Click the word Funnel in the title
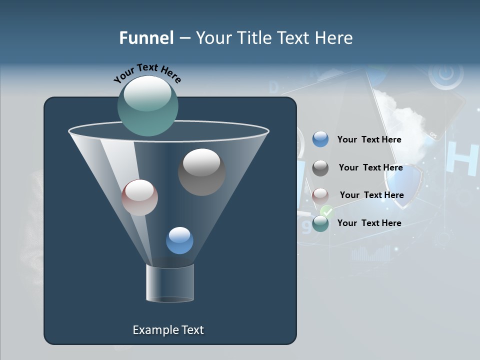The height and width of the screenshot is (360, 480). coord(146,38)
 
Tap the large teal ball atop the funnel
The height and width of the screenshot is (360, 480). coord(147,106)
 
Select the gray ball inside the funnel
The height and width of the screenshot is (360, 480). coord(201,172)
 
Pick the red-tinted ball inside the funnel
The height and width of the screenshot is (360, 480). coord(139,197)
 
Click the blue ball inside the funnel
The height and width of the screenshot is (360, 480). coord(179,240)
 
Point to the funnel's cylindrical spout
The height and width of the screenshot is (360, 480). coord(170,283)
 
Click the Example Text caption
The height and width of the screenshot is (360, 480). coord(168,330)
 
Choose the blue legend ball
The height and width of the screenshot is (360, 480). coord(320,139)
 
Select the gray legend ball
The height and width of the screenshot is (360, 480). coord(320,168)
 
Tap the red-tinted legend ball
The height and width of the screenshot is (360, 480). coord(320,195)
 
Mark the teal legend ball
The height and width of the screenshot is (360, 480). coord(320,223)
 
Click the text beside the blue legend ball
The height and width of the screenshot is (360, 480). coord(369,140)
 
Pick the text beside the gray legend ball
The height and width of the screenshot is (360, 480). coord(370,168)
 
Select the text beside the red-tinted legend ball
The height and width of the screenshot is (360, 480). coord(371,195)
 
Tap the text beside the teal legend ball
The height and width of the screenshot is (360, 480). coord(369,223)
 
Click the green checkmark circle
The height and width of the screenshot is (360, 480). coord(327,211)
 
